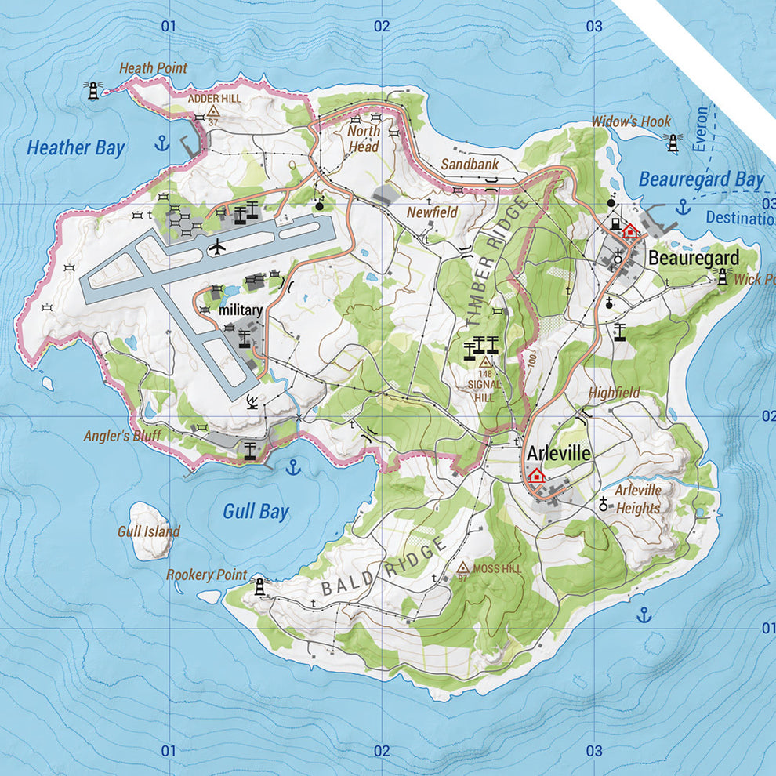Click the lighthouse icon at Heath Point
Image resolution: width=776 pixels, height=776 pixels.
(94, 90)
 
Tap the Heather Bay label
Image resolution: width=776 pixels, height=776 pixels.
(75, 147)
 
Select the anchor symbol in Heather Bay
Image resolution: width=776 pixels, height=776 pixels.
(162, 143)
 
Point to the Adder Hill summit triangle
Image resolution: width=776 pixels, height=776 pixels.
(213, 112)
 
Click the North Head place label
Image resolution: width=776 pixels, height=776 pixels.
(364, 140)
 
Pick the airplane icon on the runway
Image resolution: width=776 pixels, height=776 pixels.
(217, 248)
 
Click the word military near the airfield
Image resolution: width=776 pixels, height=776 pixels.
(241, 310)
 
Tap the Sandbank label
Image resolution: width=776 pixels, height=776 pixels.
(464, 165)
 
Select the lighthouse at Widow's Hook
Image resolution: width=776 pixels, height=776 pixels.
(672, 142)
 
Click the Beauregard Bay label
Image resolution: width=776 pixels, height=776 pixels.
(701, 179)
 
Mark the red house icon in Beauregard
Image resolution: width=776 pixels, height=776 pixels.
(629, 230)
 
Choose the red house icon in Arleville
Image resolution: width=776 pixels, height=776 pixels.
(536, 475)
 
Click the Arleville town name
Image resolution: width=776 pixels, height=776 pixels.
(559, 453)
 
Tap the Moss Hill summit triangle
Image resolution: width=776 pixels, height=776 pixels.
(462, 567)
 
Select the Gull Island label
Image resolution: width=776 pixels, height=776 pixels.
(148, 531)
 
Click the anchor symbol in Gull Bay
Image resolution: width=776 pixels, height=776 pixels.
(292, 468)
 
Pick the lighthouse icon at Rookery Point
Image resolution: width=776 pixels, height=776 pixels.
(259, 586)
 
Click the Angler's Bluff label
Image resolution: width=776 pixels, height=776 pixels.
(118, 436)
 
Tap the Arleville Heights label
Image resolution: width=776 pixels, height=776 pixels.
(637, 499)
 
